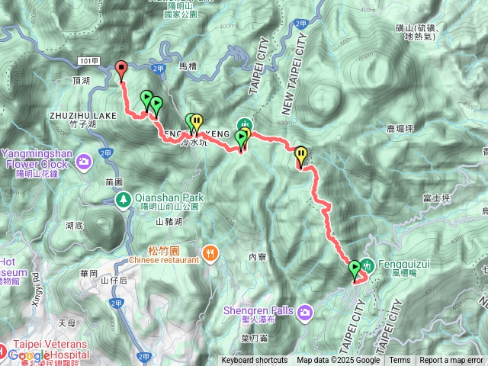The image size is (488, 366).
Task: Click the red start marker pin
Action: point(121,69)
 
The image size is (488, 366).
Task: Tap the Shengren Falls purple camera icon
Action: point(306,311)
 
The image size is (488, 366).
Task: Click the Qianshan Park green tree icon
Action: point(122,200)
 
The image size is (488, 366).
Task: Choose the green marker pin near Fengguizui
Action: point(355,268)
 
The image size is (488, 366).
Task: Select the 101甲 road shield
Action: point(86,59)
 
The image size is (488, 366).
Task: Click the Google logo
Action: point(30,355)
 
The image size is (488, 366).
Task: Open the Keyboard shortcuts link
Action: point(255,361)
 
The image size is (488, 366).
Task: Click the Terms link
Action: point(400,361)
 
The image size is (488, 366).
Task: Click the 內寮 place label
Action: point(258,257)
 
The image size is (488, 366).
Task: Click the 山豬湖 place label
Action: point(169,222)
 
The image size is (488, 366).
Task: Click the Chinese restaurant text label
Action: point(164,259)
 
